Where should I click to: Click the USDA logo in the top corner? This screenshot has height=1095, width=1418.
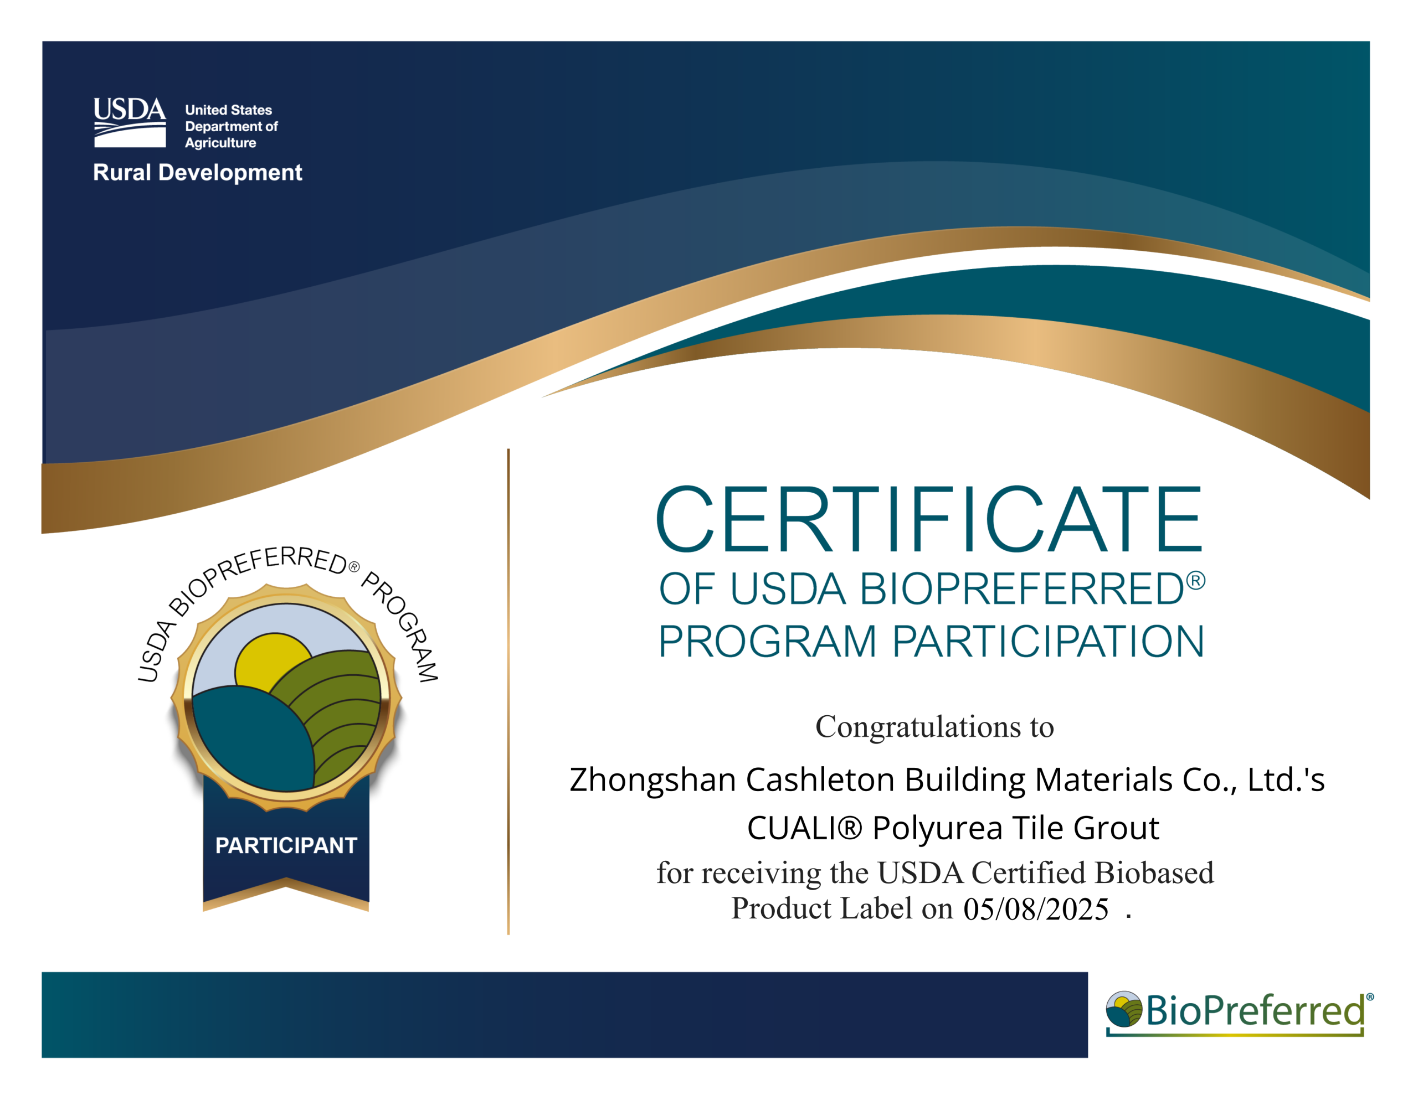click(x=129, y=123)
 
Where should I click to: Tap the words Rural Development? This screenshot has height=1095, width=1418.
click(x=197, y=173)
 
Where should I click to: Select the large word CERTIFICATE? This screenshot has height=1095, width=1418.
click(x=928, y=519)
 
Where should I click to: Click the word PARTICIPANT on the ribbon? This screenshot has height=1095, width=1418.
click(x=286, y=845)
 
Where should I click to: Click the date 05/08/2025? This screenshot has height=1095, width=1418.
click(x=1036, y=908)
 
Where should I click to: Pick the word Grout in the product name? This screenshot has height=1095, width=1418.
click(x=1116, y=828)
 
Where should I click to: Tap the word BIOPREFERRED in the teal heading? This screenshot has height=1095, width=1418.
click(x=1022, y=590)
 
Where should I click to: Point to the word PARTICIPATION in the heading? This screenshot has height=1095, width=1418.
click(x=1048, y=642)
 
